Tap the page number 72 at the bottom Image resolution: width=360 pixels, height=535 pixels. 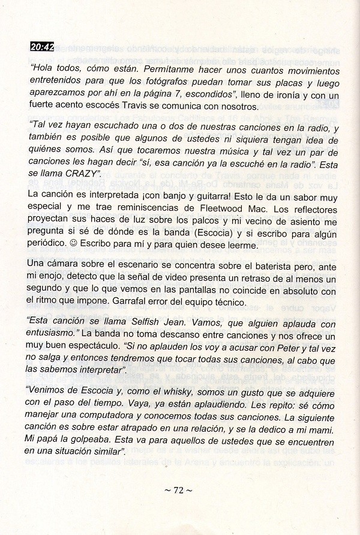tap(178, 491)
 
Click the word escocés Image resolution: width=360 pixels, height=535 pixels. tap(124, 107)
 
